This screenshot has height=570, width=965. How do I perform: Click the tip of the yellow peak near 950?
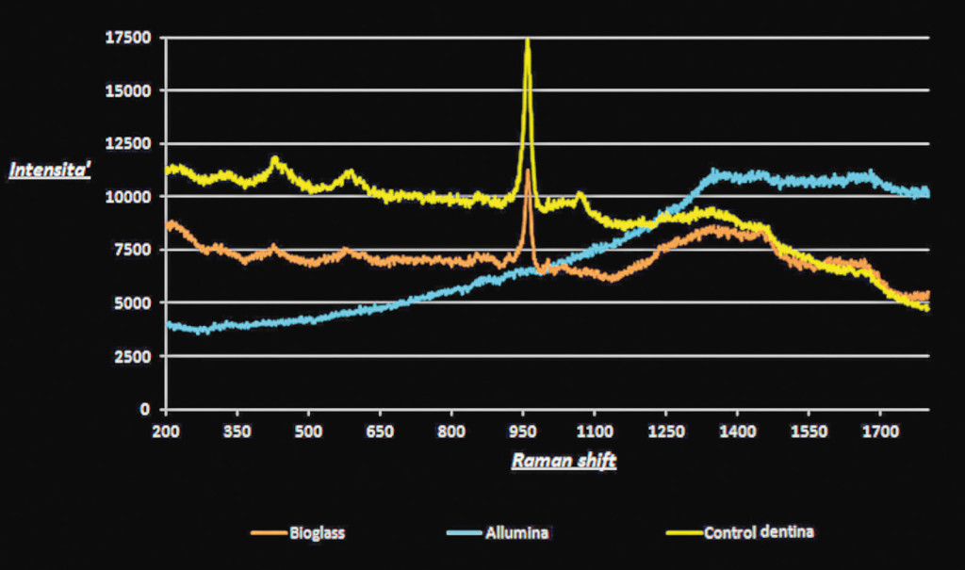click(x=527, y=41)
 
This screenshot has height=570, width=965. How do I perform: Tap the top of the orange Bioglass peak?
click(x=528, y=171)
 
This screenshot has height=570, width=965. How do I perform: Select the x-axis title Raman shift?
click(x=564, y=462)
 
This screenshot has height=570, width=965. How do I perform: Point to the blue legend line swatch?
click(x=469, y=533)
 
